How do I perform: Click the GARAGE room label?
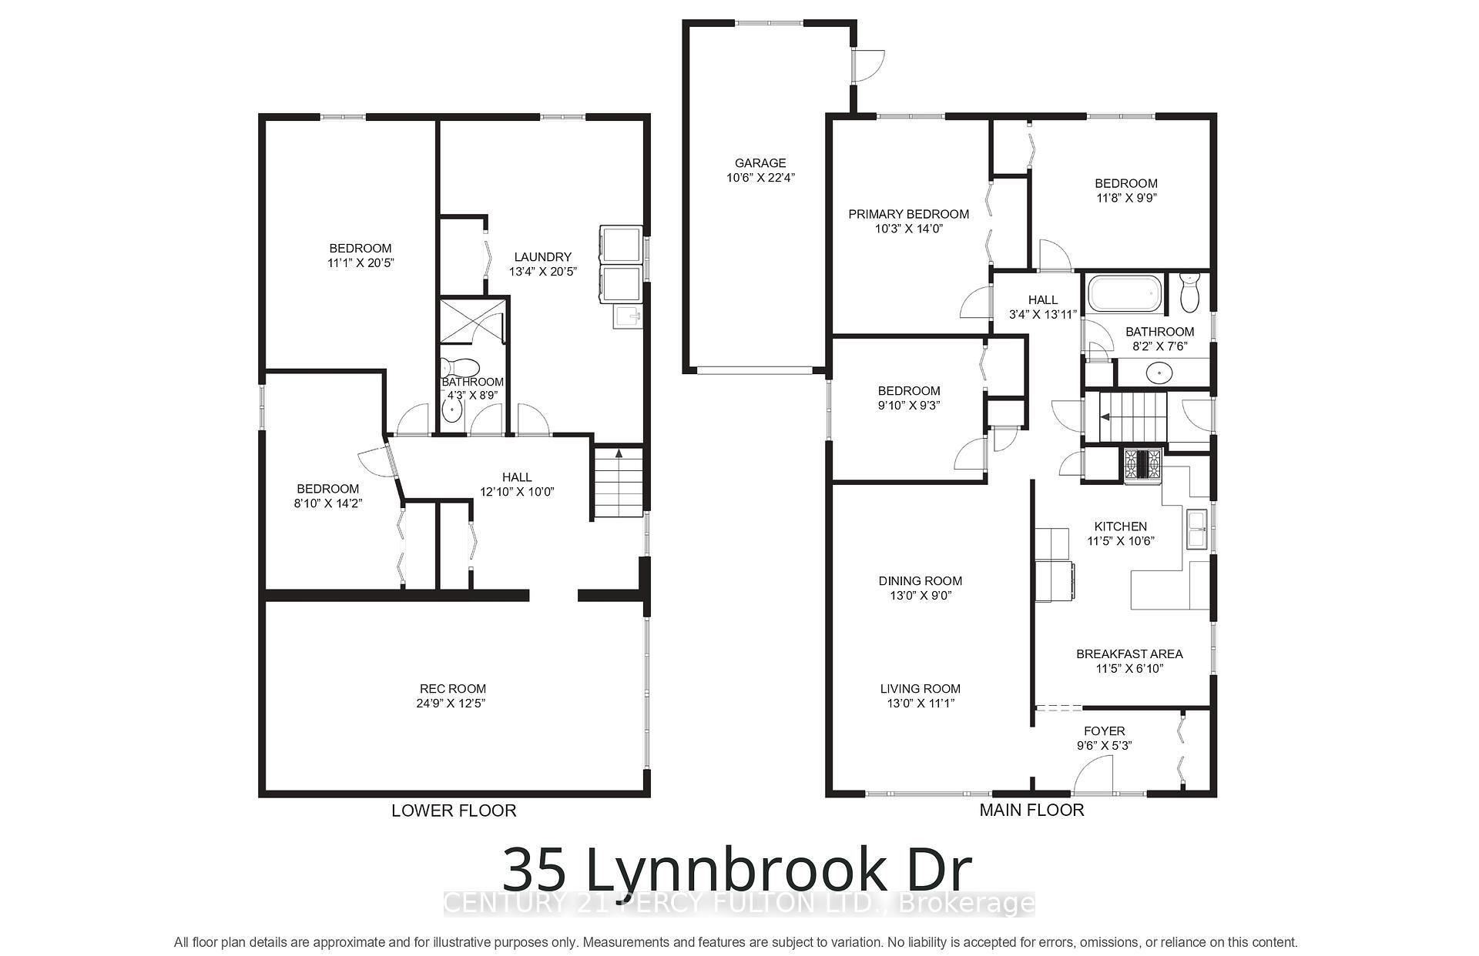[760, 163]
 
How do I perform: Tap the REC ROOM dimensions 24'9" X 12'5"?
[452, 704]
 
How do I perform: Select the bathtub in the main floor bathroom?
[1125, 295]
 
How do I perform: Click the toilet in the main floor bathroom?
[1189, 293]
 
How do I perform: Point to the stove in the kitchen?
[1142, 465]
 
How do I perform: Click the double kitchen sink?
[1196, 530]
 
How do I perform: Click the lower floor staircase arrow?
[619, 454]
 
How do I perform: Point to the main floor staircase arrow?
[1105, 417]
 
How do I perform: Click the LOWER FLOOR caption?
[454, 811]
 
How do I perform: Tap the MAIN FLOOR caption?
[1031, 810]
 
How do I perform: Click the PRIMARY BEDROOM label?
[908, 214]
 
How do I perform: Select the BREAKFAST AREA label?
[1129, 653]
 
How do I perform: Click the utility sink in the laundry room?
[626, 316]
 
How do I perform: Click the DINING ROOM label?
[920, 581]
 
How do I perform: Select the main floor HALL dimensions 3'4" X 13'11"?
[1042, 314]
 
